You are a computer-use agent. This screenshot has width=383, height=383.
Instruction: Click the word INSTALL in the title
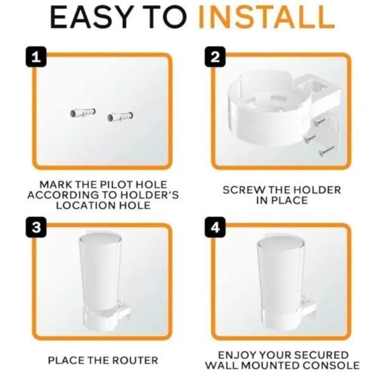pyautogui.click(x=266, y=17)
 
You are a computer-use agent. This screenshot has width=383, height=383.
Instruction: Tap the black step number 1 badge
pyautogui.click(x=36, y=56)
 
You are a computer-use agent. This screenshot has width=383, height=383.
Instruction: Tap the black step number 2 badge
pyautogui.click(x=215, y=56)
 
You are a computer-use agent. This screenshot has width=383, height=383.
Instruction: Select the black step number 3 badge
pyautogui.click(x=36, y=227)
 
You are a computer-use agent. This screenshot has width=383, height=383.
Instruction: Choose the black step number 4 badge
pyautogui.click(x=215, y=227)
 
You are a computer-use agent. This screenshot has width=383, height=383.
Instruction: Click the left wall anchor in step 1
pyautogui.click(x=83, y=112)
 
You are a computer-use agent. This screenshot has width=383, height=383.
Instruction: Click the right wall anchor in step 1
pyautogui.click(x=120, y=117)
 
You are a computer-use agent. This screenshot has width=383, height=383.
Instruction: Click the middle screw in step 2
pyautogui.click(x=310, y=138)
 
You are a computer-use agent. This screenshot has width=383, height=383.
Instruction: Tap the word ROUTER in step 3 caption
pyautogui.click(x=136, y=361)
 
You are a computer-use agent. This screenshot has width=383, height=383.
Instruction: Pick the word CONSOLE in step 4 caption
pyautogui.click(x=331, y=366)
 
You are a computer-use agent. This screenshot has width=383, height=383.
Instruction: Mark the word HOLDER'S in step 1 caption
pyautogui.click(x=150, y=195)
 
